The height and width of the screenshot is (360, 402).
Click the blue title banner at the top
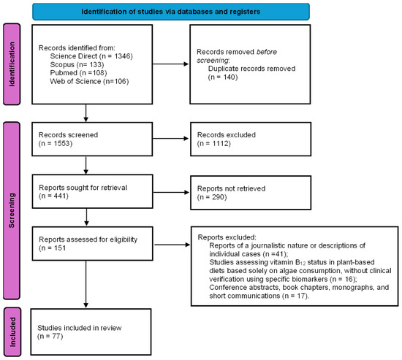pyautogui.click(x=171, y=12)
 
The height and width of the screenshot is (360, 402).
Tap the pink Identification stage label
pyautogui.click(x=12, y=64)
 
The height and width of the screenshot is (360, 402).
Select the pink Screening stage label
pyautogui.click(x=12, y=210)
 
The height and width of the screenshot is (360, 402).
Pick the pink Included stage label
pyautogui.click(x=12, y=332)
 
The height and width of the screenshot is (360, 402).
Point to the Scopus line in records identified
pyautogui.click(x=77, y=64)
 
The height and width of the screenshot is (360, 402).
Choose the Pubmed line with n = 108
pyautogui.click(x=78, y=73)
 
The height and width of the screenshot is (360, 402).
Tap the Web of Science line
pyautogui.click(x=89, y=81)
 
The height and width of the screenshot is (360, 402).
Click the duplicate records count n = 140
pyautogui.click(x=223, y=77)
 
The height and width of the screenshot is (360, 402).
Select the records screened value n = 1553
pyautogui.click(x=56, y=143)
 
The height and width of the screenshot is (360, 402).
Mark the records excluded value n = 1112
pyautogui.click(x=214, y=143)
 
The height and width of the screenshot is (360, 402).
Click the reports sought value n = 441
pyautogui.click(x=53, y=196)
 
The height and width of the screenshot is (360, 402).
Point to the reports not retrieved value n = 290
pyautogui.click(x=212, y=197)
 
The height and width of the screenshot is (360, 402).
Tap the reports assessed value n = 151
pyautogui.click(x=53, y=248)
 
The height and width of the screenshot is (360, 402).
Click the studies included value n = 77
pyautogui.click(x=50, y=336)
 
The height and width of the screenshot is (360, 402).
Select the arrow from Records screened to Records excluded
pyautogui.click(x=171, y=139)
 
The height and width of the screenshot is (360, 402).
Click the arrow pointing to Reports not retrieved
pyautogui.click(x=171, y=193)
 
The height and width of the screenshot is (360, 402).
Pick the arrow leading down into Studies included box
pyautogui.click(x=86, y=284)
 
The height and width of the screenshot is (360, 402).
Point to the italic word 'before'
pyautogui.click(x=267, y=52)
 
